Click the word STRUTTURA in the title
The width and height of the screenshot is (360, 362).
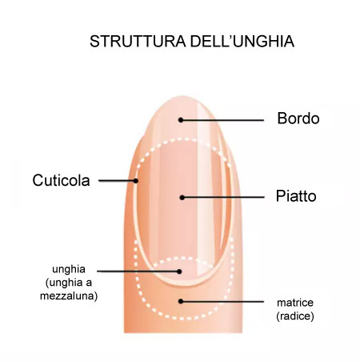pos(138,42)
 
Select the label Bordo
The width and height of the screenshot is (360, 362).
pos(298,119)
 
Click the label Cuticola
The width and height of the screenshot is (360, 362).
pos(61,180)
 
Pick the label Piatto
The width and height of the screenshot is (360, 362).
pos(296,196)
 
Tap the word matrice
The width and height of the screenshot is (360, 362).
pos(295,303)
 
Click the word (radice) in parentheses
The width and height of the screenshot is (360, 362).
pos(295,316)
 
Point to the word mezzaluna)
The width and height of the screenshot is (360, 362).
pos(69,296)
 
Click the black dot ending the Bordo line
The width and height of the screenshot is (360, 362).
pos(181,120)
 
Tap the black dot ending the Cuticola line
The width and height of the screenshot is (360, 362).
pos(136,181)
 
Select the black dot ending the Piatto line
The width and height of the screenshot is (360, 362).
pos(182,198)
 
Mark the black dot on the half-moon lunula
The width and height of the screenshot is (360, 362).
pos(179,271)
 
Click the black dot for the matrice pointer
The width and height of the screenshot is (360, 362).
pos(181,301)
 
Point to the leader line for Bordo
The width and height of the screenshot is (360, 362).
pos(223,120)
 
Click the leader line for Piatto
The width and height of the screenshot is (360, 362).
pos(224,198)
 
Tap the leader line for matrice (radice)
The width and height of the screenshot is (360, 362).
pos(223,302)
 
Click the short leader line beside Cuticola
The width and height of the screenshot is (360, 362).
pos(116,181)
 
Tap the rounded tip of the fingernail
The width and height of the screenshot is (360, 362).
pos(182,98)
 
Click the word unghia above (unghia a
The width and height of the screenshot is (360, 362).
pos(69,269)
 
